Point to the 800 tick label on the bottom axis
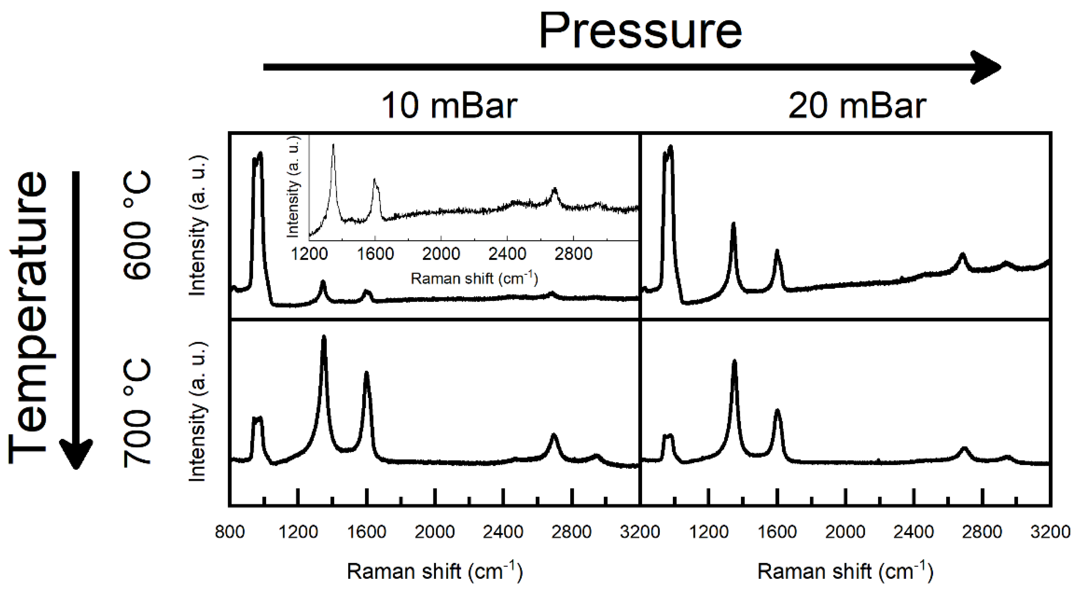click(x=229, y=532)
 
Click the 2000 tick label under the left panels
click(x=435, y=532)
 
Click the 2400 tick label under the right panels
click(x=914, y=532)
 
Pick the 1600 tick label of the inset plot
click(x=375, y=254)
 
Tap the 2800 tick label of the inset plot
click(x=573, y=254)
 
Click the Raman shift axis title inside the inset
click(x=474, y=278)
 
